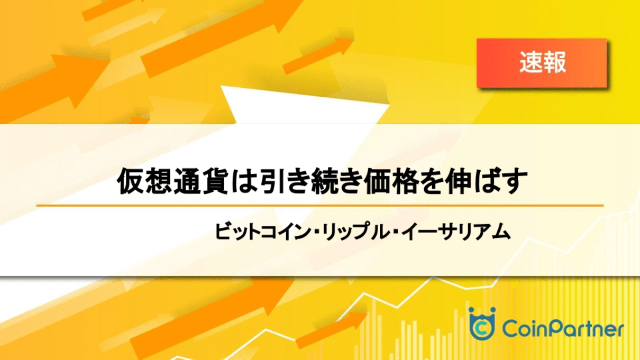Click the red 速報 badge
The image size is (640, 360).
[x=542, y=63]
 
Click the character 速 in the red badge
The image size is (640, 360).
[x=531, y=62]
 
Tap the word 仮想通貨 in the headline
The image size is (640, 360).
[x=172, y=181]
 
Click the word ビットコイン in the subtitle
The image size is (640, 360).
[x=262, y=232]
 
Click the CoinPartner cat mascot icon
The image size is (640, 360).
[x=482, y=324]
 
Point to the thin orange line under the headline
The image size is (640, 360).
[x=320, y=205]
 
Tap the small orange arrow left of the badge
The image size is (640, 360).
[x=318, y=55]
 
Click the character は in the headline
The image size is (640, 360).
[x=243, y=181]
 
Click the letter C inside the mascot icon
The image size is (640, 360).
[x=482, y=329]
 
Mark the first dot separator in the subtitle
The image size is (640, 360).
[x=316, y=232]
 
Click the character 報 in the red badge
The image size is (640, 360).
[x=554, y=62]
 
